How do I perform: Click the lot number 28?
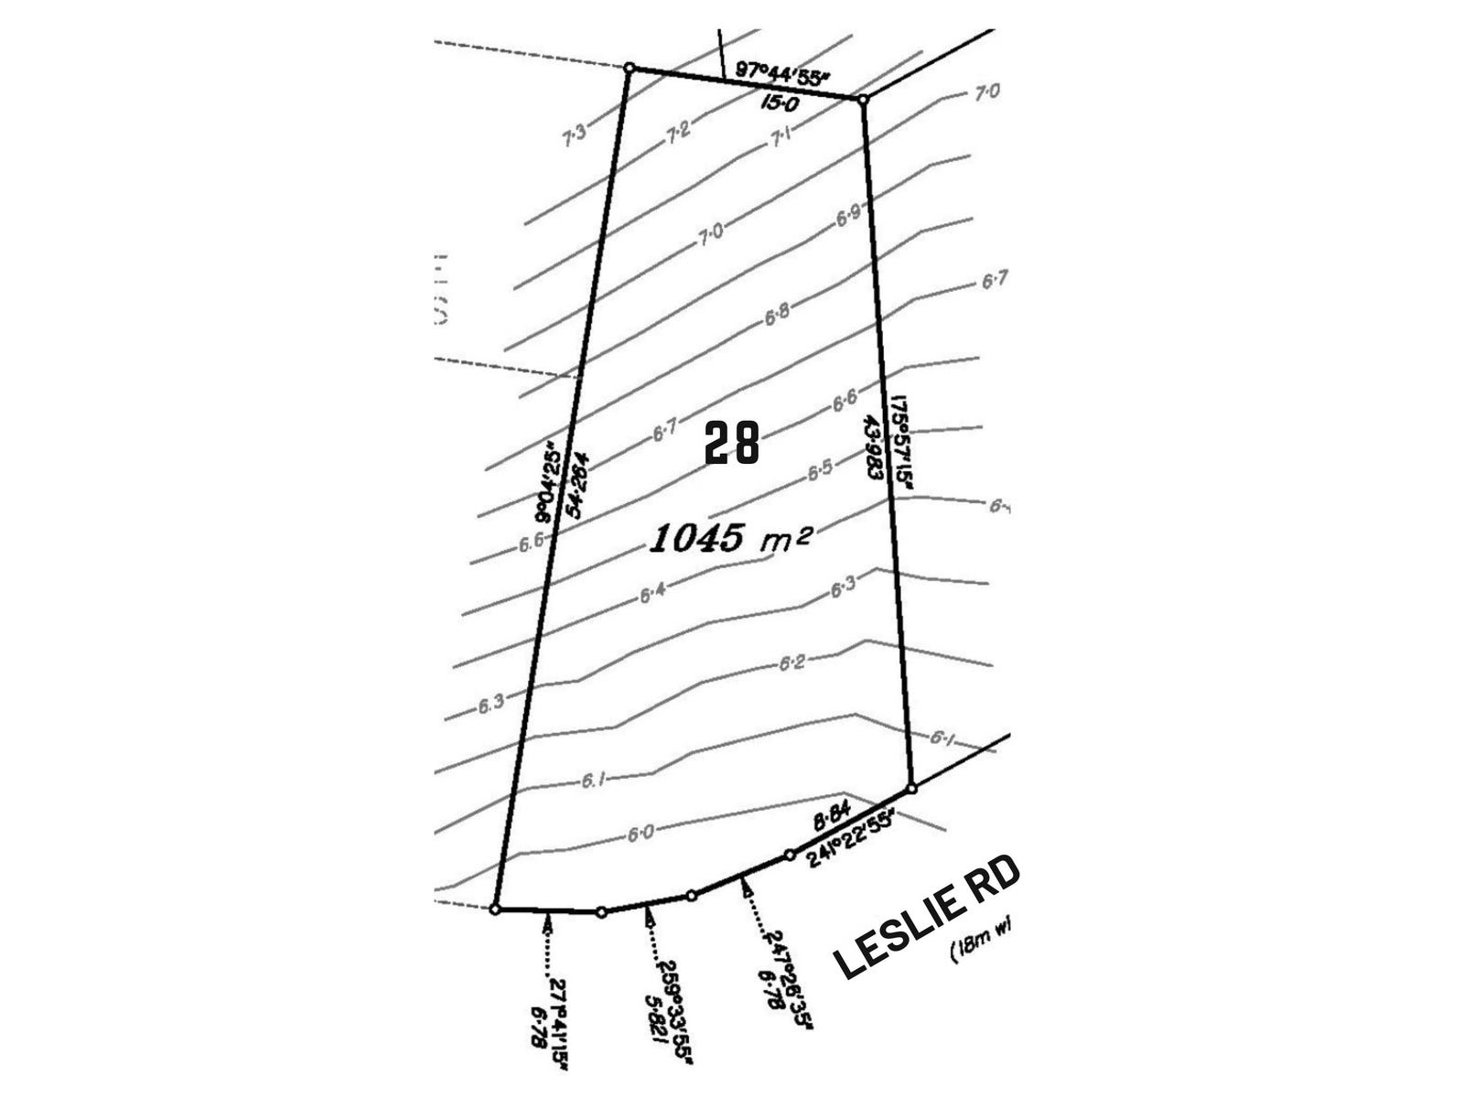[732, 444]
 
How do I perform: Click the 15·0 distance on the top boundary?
[780, 102]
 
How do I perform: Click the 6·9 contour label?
[848, 216]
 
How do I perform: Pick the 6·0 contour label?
[640, 833]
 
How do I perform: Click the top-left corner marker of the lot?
[629, 67]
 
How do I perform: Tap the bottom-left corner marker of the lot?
[495, 910]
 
